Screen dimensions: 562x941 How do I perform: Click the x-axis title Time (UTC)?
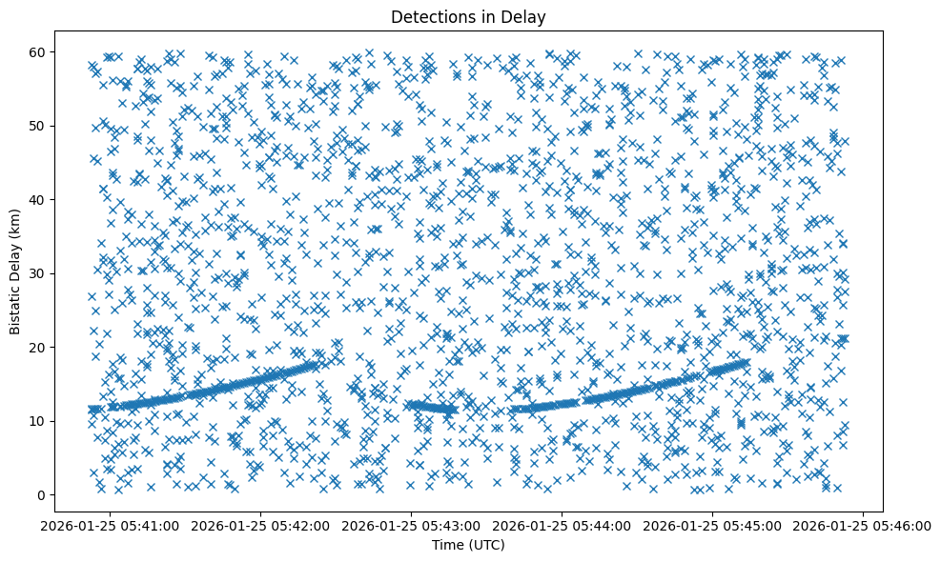[x=467, y=545]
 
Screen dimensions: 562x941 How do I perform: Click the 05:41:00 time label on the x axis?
[x=110, y=525]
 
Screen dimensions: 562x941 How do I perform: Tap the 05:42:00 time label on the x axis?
[x=260, y=525]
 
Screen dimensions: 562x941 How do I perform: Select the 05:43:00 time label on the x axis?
[x=411, y=525]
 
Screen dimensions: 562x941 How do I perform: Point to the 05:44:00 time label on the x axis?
[x=562, y=525]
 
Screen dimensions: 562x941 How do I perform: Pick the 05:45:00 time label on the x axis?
[x=712, y=525]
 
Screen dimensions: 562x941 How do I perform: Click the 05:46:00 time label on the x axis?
[x=863, y=525]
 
